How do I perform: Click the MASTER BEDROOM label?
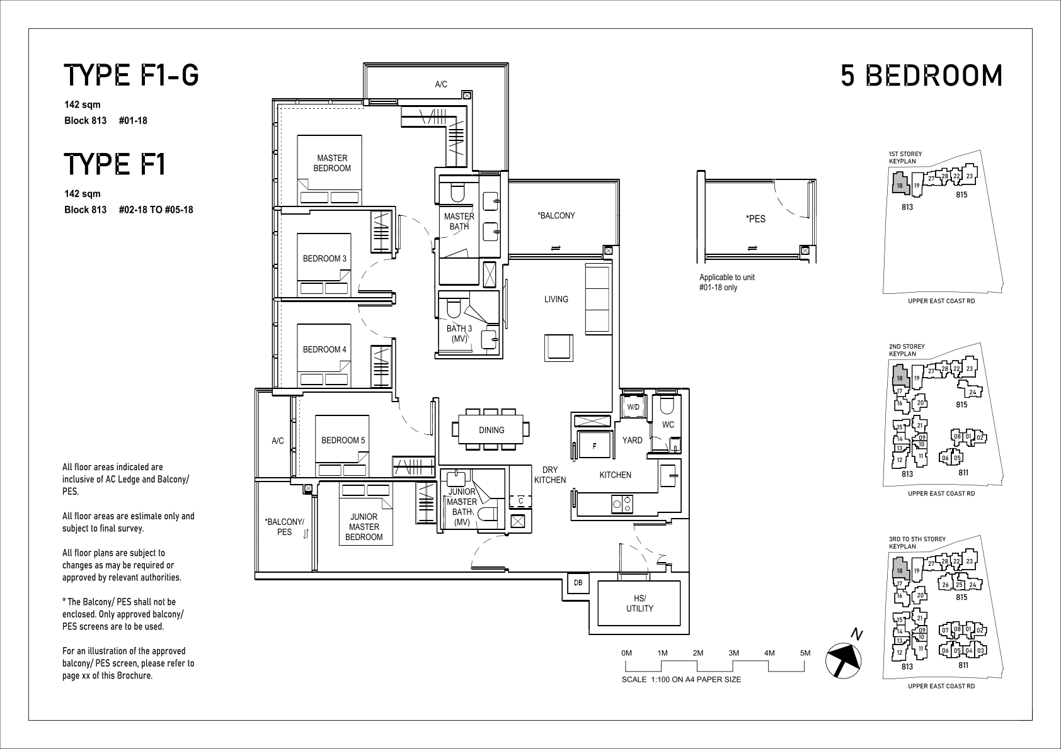[332, 163]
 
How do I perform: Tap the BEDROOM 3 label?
[324, 259]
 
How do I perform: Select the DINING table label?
[491, 430]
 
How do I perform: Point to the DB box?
[578, 582]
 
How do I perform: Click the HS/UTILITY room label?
[639, 604]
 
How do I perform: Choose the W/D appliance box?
[633, 407]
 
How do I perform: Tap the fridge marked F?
[594, 445]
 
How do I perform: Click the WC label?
[668, 424]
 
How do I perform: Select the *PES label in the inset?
[755, 219]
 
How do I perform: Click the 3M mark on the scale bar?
[733, 653]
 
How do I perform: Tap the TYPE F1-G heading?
[131, 76]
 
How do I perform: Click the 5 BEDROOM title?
[921, 76]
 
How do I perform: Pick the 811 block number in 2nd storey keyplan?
[963, 472]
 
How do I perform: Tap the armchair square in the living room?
[558, 348]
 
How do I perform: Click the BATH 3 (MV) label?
[459, 334]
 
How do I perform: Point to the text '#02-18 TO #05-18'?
[156, 210]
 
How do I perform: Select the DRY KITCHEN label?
[550, 475]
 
